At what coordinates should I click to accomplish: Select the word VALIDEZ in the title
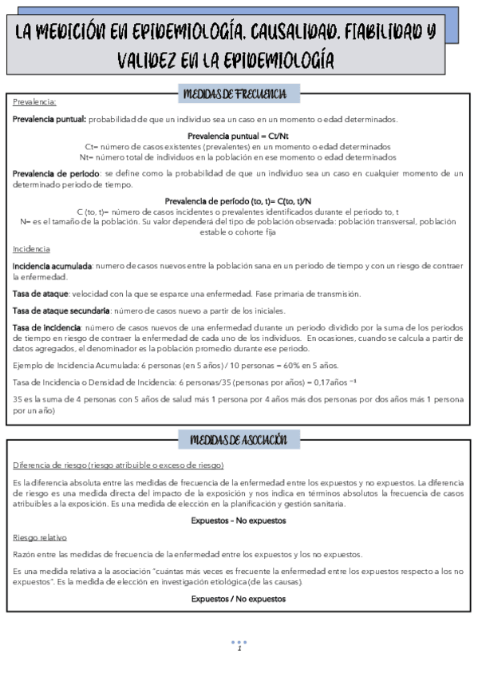tap(155, 60)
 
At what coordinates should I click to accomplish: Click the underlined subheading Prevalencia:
tap(34, 102)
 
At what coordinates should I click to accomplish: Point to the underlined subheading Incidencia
tap(31, 227)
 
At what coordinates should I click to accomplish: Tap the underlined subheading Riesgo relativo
tap(40, 537)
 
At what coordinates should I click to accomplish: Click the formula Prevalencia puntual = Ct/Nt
tap(239, 136)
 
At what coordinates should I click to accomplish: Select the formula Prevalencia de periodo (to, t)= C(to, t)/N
tap(239, 200)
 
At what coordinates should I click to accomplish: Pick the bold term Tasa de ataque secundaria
tap(61, 311)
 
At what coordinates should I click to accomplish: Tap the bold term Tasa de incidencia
tap(46, 327)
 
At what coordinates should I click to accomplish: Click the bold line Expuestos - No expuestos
tap(239, 521)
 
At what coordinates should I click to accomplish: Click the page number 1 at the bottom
tap(239, 648)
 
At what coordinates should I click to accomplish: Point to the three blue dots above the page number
tap(239, 641)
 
